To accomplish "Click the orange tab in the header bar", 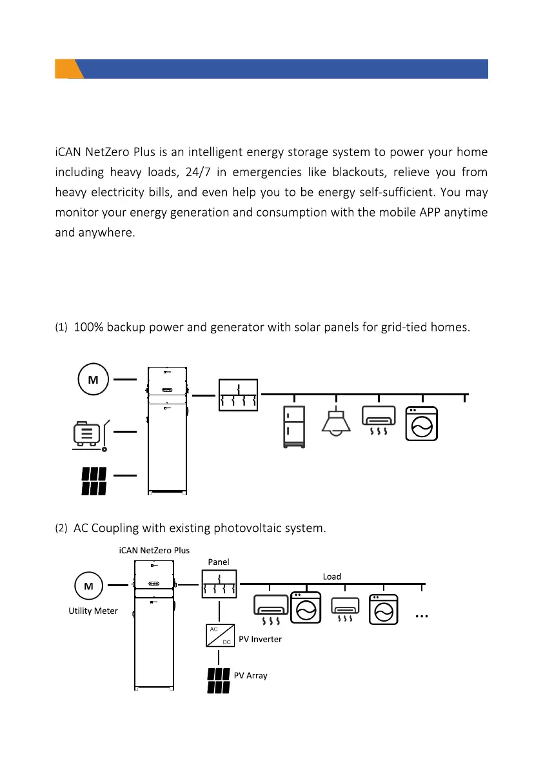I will [68, 69].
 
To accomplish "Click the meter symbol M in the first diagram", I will [93, 380].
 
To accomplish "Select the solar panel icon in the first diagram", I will [94, 480].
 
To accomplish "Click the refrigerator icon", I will [295, 426].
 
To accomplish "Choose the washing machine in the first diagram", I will [421, 424].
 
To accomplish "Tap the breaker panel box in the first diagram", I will [239, 395].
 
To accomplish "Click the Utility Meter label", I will [93, 611].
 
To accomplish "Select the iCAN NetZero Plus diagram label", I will [155, 550].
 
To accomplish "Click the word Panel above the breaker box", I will [219, 562].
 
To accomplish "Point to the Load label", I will [332, 576].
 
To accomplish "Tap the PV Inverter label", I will [261, 640].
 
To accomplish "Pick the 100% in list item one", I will [88, 327].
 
